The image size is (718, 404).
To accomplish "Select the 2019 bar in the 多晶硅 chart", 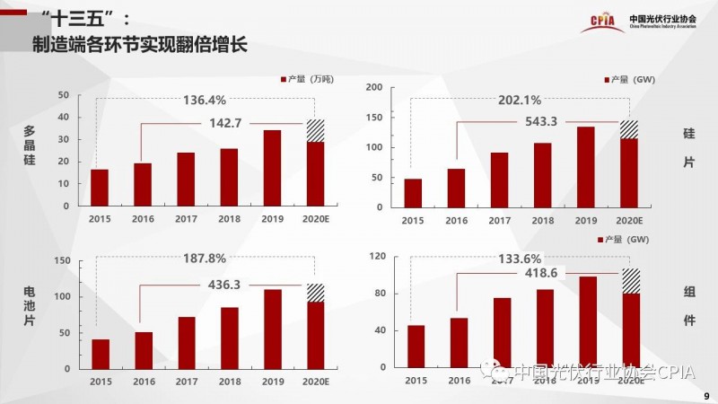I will (272, 168).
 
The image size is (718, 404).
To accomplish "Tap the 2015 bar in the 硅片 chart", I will (413, 192).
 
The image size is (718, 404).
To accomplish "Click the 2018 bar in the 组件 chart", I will (545, 328).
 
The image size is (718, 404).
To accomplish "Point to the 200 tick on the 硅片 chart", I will (374, 87).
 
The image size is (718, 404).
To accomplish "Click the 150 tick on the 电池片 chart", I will (63, 260).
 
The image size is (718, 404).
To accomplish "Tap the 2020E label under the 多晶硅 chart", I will (316, 218).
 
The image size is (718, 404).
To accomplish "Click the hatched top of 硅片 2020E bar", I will (630, 129).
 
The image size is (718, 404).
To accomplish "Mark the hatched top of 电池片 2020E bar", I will (315, 293).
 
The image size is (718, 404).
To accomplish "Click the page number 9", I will (705, 395).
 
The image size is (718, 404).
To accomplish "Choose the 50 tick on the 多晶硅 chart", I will (63, 95).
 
